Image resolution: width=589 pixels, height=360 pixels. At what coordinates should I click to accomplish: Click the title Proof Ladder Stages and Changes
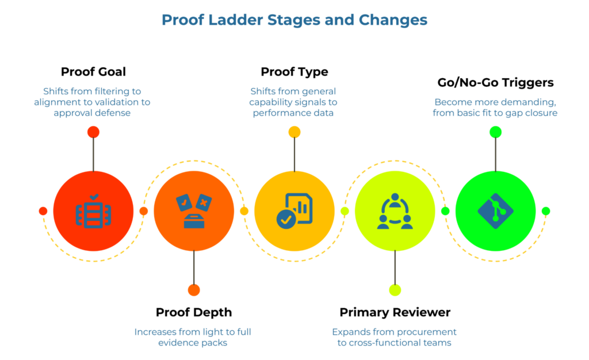tap(294, 20)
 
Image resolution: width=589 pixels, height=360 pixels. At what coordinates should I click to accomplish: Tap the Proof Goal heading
tap(93, 72)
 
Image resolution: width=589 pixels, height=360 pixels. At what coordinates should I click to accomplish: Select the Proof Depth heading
tap(193, 312)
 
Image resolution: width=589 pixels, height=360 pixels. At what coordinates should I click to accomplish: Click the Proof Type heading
tap(294, 72)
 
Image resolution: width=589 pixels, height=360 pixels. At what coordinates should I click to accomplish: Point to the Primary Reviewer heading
tap(395, 312)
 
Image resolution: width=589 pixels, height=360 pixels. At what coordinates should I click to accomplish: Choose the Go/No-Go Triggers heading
tap(495, 82)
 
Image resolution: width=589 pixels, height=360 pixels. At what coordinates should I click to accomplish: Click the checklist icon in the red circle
tap(93, 211)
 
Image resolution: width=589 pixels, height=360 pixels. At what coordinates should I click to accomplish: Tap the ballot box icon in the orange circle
tap(194, 211)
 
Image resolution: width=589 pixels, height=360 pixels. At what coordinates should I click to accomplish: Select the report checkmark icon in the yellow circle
tap(294, 211)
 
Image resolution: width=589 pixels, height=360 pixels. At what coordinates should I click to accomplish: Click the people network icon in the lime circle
tap(395, 211)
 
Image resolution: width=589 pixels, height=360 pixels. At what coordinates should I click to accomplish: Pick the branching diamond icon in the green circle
tap(495, 211)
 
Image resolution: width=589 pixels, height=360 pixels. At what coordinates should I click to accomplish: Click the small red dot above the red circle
tap(93, 132)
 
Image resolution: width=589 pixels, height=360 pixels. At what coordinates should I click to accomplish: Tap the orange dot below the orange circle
tap(194, 290)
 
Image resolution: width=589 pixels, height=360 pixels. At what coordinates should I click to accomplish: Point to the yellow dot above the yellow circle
tap(294, 132)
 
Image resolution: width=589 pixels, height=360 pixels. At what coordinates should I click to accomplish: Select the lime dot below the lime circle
tap(395, 290)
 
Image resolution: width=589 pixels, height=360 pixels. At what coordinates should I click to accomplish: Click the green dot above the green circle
tap(495, 132)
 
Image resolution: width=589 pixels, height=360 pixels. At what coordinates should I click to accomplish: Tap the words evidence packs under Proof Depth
tap(193, 343)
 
